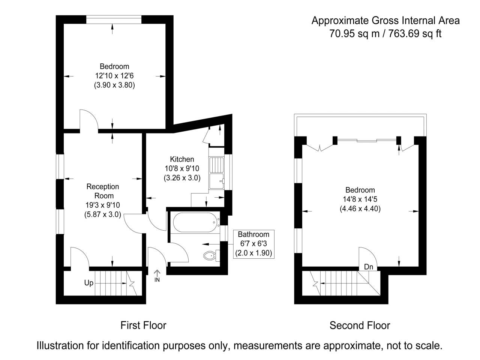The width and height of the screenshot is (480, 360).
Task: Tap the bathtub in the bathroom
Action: [196, 222]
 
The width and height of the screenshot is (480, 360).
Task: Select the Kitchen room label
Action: [182, 159]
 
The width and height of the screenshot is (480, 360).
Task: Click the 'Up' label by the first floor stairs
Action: [89, 283]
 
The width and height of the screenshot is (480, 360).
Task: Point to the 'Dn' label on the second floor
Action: [369, 267]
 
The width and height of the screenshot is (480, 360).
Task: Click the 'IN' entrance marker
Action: [157, 280]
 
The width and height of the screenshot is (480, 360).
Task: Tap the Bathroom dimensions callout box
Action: [253, 244]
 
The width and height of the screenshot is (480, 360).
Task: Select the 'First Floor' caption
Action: [143, 325]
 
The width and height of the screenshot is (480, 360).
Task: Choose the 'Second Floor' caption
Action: [360, 325]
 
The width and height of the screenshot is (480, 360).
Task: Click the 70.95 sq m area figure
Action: [354, 34]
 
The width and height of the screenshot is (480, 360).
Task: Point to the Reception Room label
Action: [103, 191]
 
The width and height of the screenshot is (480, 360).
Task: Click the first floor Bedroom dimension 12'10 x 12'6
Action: [114, 76]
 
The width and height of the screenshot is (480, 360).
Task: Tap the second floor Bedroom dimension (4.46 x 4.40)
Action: [360, 208]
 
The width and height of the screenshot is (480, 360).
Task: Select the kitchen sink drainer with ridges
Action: [216, 165]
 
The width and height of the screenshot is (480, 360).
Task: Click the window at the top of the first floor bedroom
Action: [114, 19]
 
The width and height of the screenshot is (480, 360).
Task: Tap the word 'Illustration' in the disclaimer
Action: [60, 346]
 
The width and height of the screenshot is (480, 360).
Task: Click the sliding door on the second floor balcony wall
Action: [367, 140]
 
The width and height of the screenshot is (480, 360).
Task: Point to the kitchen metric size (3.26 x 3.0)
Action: [182, 178]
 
